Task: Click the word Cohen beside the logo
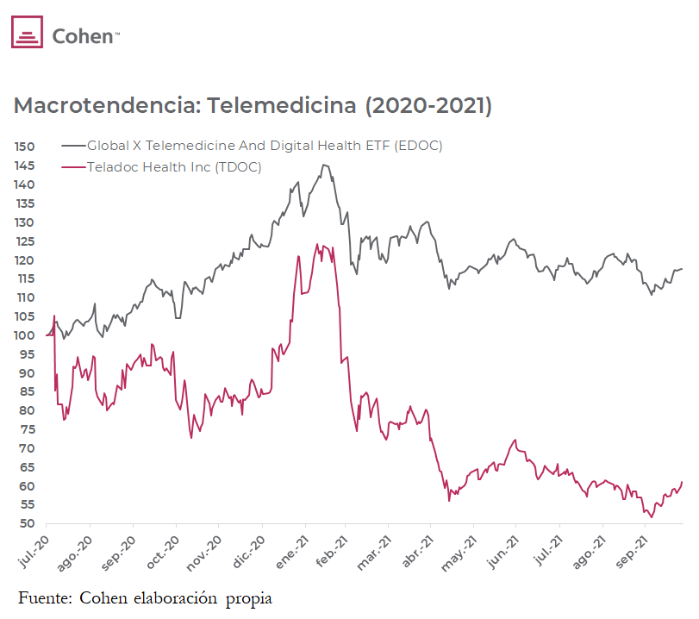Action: pos(84,35)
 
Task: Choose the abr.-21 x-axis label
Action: pos(419,550)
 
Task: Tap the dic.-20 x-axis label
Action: pos(248,550)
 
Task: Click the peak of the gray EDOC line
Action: pos(324,165)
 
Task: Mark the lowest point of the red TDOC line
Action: pos(651,516)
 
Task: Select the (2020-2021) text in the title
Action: pos(428,106)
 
